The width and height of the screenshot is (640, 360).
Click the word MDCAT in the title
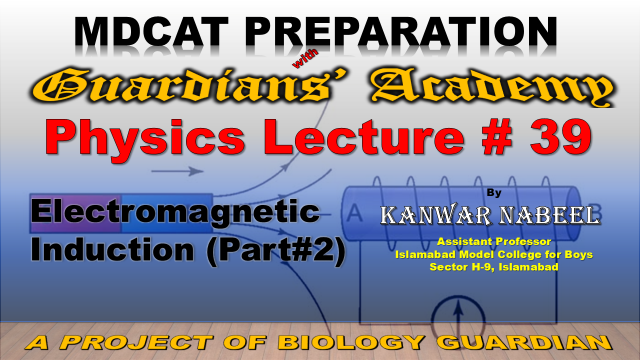coord(151,32)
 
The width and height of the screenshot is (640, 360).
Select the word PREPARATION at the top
coord(401,32)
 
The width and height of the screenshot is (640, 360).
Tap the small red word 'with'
coord(305,58)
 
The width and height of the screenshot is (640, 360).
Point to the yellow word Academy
coord(492,87)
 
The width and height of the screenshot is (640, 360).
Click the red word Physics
coord(145,138)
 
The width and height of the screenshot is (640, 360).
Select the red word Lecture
coord(364,137)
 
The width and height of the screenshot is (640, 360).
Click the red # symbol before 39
coord(497,137)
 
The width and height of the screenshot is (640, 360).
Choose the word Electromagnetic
coord(175,211)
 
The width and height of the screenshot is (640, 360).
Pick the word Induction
coord(112,249)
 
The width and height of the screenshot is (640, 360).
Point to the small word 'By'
coord(494,193)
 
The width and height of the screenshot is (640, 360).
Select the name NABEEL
coord(550,216)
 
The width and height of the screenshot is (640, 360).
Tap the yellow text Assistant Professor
coord(494,242)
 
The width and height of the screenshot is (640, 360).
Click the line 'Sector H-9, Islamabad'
coord(494,267)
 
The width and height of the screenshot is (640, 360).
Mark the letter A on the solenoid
coord(355,213)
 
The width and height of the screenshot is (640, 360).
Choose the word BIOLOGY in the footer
coord(351,342)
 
